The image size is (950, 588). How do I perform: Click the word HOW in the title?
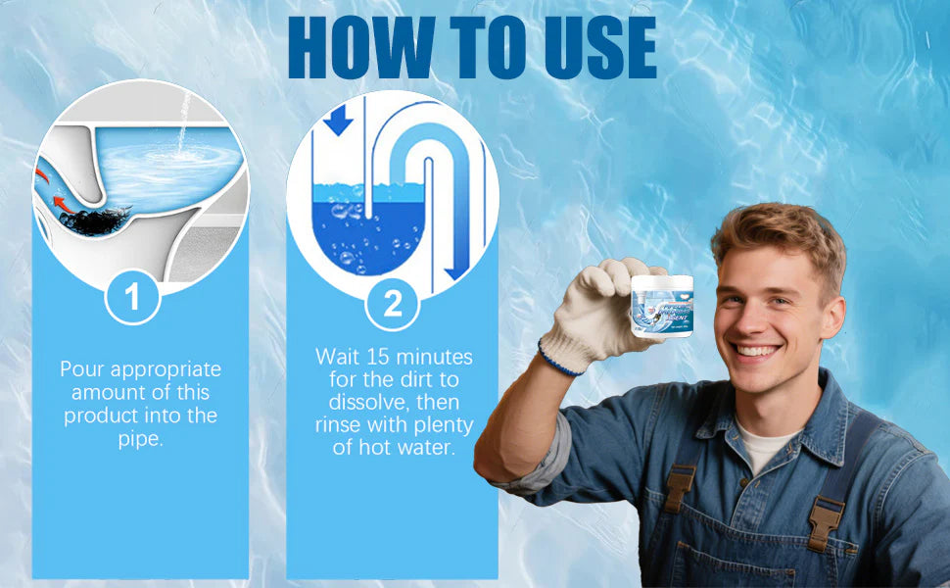click(x=356, y=47)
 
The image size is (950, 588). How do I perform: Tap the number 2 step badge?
click(x=393, y=303)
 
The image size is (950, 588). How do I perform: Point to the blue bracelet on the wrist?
click(x=558, y=361)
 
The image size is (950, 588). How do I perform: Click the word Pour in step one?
click(x=82, y=369)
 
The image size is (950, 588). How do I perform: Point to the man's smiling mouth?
click(x=758, y=351)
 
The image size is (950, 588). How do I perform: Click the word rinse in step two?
click(x=339, y=426)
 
